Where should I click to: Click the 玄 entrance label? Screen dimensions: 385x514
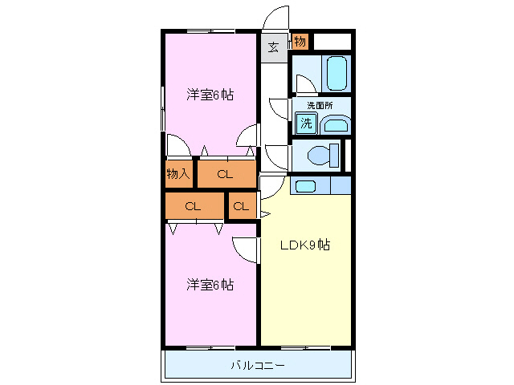[x=273, y=47]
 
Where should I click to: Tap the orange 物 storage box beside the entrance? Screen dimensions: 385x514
[x=300, y=41]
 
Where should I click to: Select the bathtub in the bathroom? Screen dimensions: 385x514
[x=337, y=74]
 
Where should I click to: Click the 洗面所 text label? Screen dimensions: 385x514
[x=320, y=105]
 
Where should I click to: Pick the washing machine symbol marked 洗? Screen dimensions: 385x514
[x=306, y=124]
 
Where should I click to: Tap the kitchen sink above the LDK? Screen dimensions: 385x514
[x=305, y=186]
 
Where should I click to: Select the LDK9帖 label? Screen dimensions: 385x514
[x=305, y=245]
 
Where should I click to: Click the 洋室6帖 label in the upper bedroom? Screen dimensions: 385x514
[x=210, y=95]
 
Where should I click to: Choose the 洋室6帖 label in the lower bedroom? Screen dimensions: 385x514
[x=210, y=284]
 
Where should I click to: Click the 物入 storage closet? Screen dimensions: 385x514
[x=178, y=173]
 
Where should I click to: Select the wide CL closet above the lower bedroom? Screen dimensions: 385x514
[x=193, y=206]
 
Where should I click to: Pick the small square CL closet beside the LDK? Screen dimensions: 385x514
[x=241, y=206]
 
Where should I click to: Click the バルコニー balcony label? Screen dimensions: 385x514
[x=258, y=366]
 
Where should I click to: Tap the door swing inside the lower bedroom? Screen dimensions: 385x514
[x=245, y=249]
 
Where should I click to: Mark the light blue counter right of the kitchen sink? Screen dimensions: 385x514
[x=341, y=186]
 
